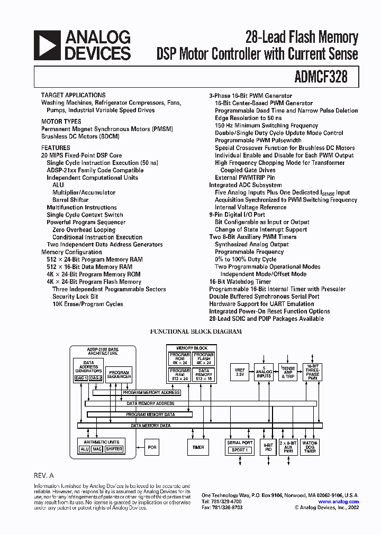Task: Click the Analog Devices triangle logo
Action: [47, 44]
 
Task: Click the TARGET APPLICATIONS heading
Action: [73, 95]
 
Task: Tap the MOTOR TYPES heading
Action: [61, 122]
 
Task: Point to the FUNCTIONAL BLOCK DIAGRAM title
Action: [196, 331]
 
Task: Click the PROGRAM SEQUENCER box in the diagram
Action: [119, 374]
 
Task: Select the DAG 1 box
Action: [81, 378]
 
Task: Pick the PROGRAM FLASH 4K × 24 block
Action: [204, 359]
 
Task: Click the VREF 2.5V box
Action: [239, 372]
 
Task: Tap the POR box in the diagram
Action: [152, 447]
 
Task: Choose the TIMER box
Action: [198, 447]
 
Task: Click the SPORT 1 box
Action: [240, 450]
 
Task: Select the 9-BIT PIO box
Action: [268, 447]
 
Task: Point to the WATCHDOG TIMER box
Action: [310, 447]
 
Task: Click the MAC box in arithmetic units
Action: [97, 449]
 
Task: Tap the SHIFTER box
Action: [114, 449]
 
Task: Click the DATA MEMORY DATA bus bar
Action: [151, 425]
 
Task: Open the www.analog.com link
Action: [339, 502]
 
